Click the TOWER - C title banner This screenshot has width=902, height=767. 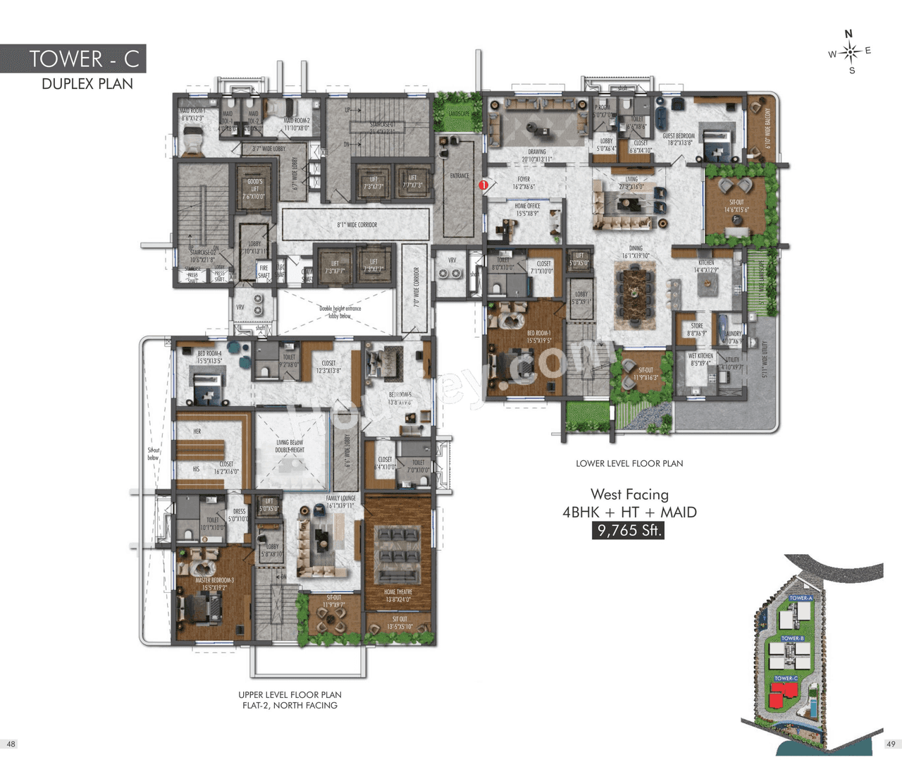point(73,59)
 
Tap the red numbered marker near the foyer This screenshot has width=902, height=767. point(483,185)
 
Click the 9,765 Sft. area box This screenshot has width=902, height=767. point(628,530)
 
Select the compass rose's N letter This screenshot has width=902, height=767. point(848,34)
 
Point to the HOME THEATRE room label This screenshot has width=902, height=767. point(398,596)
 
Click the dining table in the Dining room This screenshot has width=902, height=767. point(636,289)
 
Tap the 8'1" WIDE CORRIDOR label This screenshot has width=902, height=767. point(357,225)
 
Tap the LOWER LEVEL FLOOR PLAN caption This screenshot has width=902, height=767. point(629,463)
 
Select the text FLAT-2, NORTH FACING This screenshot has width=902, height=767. point(290,705)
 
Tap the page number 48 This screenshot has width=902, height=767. point(11,744)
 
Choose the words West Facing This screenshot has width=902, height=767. point(629,494)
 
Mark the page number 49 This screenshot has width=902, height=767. point(891,744)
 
